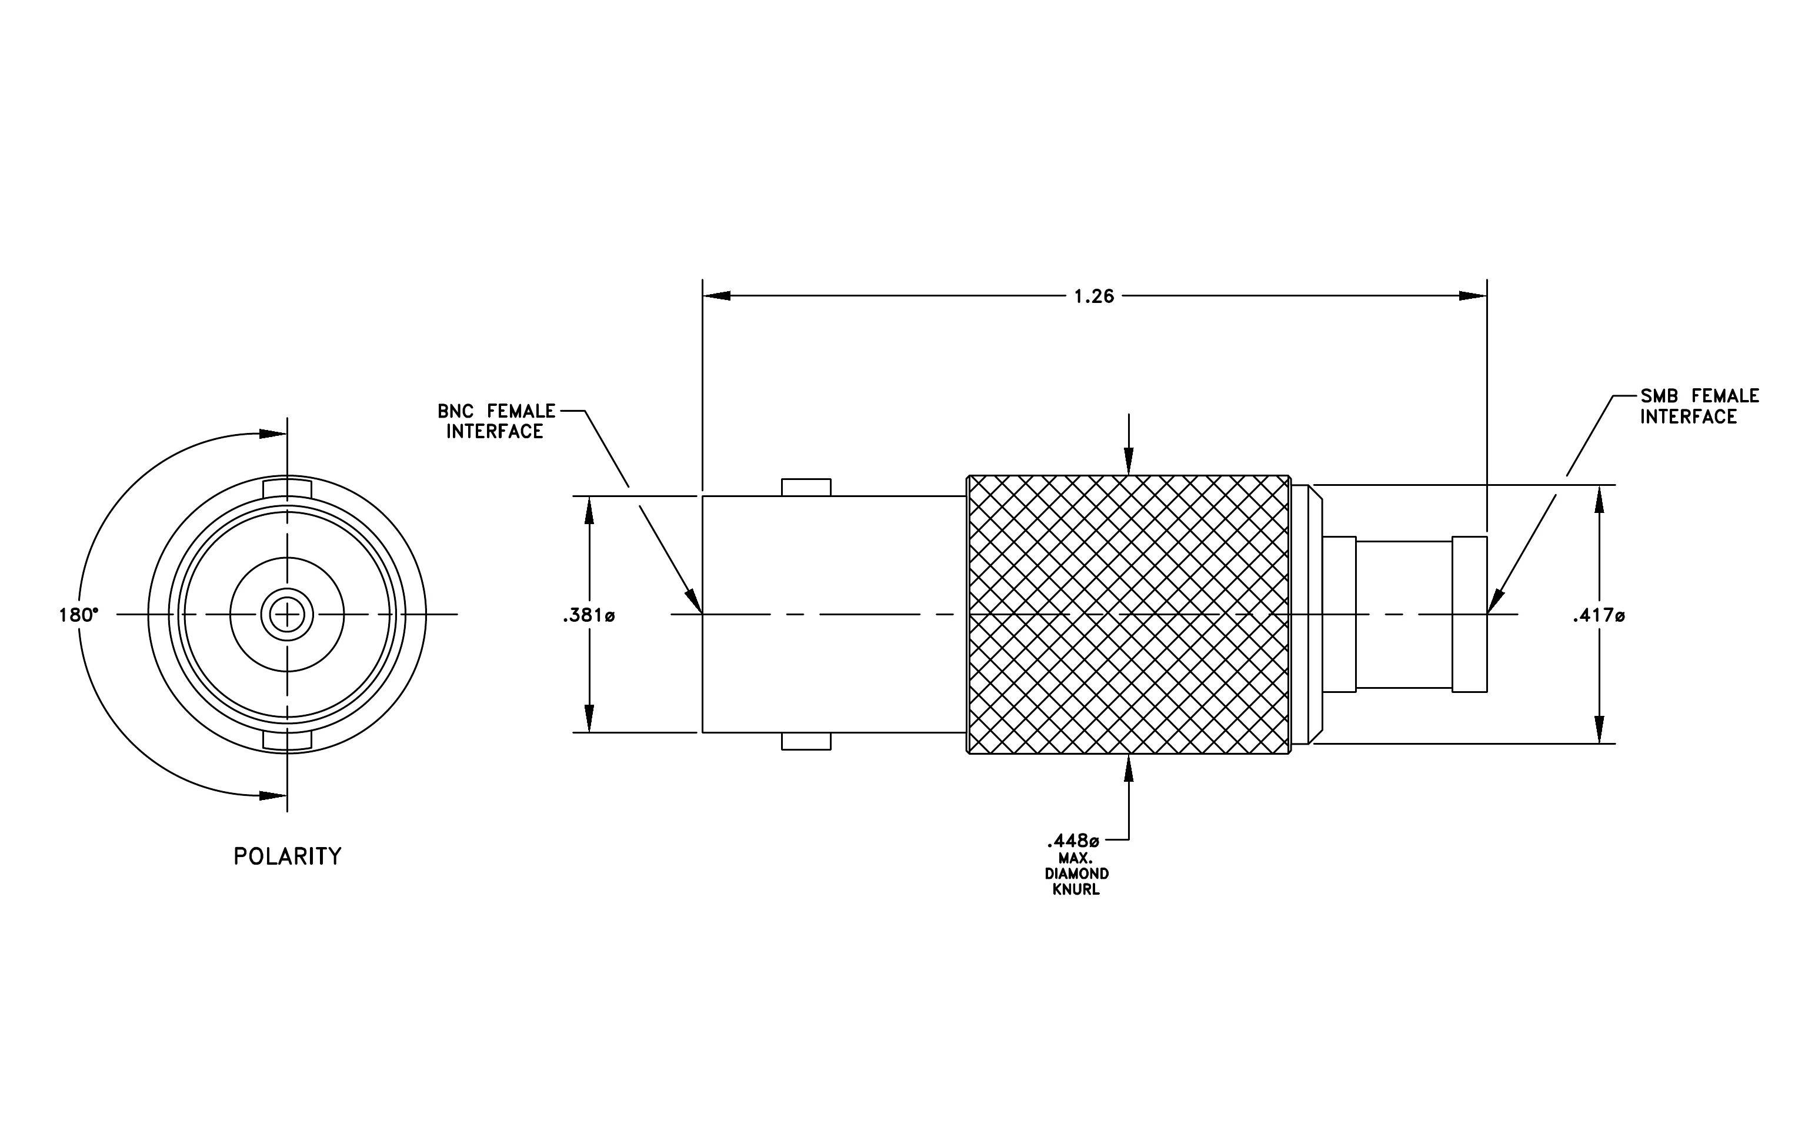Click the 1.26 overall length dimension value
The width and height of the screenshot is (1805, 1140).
(1095, 297)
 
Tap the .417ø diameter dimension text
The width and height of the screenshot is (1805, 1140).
(1599, 616)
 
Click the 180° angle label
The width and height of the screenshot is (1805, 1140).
(79, 615)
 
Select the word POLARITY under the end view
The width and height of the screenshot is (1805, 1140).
(287, 856)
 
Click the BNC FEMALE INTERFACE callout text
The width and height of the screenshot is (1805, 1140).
(496, 421)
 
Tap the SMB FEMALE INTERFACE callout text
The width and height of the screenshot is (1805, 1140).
(1699, 406)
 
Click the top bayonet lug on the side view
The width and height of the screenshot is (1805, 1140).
(806, 487)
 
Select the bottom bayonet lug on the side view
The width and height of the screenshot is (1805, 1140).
(806, 741)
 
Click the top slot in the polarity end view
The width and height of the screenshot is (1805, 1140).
(287, 488)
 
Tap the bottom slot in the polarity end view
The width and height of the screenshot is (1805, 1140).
(287, 741)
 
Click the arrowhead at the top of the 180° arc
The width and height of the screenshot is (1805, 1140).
(273, 434)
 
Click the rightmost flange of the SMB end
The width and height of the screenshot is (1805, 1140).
(1469, 615)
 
